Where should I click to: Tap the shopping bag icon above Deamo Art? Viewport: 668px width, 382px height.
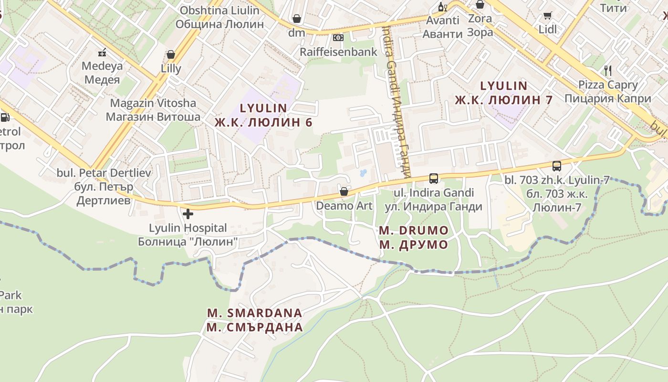point(344,191)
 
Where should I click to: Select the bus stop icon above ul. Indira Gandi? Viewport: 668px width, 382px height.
point(433,178)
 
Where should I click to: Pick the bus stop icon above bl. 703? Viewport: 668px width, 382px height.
point(556,166)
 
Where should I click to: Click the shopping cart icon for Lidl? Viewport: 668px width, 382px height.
point(548,16)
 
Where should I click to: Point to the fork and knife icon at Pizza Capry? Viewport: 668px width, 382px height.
point(607,70)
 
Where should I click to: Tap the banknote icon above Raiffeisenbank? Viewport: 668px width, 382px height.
point(338,37)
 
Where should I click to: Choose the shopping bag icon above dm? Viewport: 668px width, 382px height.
point(297,19)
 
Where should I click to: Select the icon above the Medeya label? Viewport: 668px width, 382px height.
point(102,52)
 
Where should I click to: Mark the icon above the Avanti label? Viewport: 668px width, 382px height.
point(443,7)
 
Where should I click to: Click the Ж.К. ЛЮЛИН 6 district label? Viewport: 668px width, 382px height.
point(263,122)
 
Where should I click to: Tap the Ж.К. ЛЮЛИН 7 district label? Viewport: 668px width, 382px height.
point(503,100)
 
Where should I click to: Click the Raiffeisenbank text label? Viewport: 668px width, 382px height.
point(338,52)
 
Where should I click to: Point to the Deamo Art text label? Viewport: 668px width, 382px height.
point(344,206)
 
